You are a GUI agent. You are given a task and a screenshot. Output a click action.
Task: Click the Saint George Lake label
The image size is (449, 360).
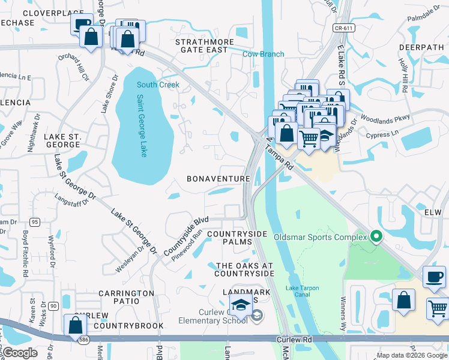tap(142, 126)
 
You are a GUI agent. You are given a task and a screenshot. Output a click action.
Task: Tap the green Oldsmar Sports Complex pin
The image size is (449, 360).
tap(376, 236)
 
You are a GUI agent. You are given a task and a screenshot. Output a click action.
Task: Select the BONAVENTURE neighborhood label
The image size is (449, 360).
tap(218, 179)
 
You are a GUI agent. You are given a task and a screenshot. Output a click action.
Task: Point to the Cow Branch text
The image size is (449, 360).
tap(263, 54)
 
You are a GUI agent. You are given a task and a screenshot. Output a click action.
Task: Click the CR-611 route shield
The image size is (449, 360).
tap(342, 28)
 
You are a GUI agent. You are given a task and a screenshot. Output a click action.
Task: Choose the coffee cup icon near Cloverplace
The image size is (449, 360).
tap(82, 24)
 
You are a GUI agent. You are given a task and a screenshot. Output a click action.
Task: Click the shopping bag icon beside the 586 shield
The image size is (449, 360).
tap(76, 325)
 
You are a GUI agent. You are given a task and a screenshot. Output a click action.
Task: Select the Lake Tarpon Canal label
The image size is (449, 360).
tap(302, 291)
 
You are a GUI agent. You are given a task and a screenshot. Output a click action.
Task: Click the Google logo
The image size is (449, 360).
tap(20, 352)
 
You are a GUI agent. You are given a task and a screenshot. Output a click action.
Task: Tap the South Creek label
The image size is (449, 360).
tap(158, 85)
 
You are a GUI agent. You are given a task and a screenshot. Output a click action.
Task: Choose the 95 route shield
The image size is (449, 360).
tap(35, 222)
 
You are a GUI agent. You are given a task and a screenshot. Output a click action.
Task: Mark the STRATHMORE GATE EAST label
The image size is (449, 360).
tap(201, 46)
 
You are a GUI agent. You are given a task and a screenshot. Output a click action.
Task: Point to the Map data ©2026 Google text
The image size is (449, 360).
tap(411, 355)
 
